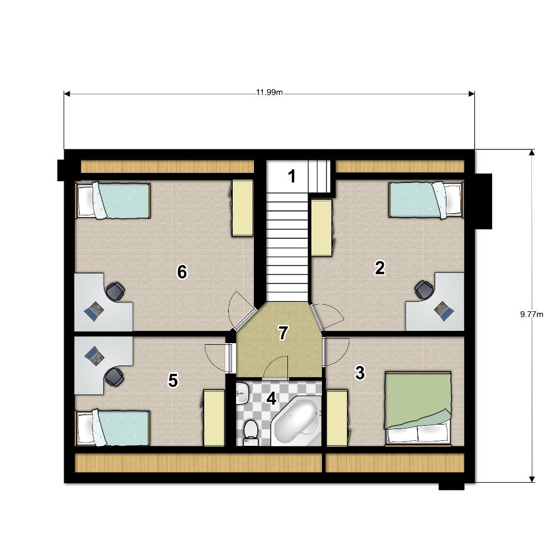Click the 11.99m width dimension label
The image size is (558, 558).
pos(270,93)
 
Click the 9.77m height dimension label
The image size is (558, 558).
pos(532,314)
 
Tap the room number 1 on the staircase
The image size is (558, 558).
pos(292,176)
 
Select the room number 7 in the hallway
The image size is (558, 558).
pos(283,334)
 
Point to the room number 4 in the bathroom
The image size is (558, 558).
pos(271,398)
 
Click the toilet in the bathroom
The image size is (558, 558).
pos(251,432)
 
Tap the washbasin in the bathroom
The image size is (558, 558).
pos(242,393)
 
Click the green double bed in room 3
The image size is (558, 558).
pos(419,408)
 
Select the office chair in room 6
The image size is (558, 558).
pos(115,291)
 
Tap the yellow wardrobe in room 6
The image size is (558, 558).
pos(243,208)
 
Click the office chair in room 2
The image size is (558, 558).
pos(424,290)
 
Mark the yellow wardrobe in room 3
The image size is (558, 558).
pos(338,418)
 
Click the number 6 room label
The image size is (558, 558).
pos(182,272)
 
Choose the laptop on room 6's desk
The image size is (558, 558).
pos(94,311)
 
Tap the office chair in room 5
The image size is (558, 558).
pos(114,377)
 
